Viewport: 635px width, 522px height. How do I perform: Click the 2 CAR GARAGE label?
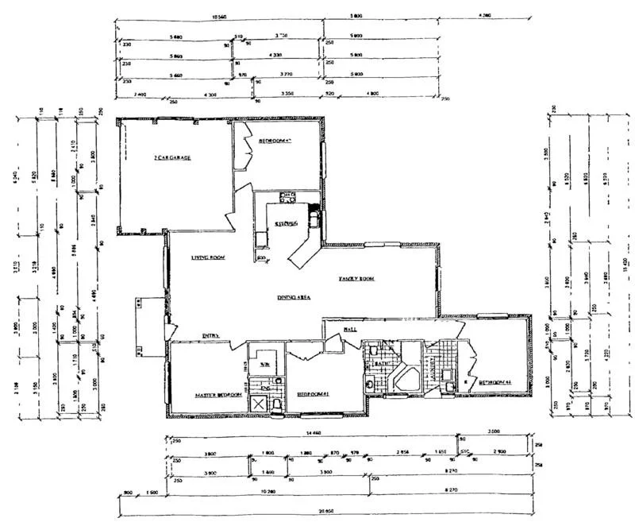tap(172, 157)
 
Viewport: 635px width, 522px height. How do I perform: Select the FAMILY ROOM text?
tap(356, 279)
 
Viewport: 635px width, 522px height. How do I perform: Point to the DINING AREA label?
tap(293, 297)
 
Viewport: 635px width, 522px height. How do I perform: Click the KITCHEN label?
tap(286, 225)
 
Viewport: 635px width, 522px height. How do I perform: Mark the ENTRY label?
tap(210, 335)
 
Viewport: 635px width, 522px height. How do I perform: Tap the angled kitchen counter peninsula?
tap(302, 252)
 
